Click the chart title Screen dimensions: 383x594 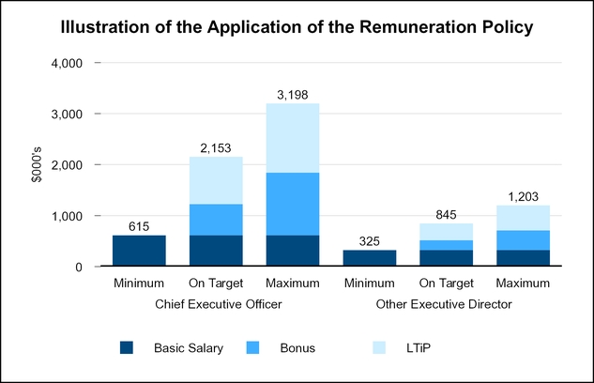click(297, 27)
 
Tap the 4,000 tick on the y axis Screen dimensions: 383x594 click(68, 63)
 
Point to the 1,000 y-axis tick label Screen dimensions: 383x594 click(68, 216)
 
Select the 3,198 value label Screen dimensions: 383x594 click(292, 95)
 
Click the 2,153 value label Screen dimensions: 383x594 click(216, 148)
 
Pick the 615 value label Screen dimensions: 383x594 click(139, 226)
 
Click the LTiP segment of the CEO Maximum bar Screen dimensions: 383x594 click(292, 138)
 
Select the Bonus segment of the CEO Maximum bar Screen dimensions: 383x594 click(292, 204)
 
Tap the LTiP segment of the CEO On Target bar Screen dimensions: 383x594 click(216, 180)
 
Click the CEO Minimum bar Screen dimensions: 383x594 click(139, 251)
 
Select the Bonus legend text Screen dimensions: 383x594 click(297, 347)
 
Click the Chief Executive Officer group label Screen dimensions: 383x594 click(216, 304)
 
